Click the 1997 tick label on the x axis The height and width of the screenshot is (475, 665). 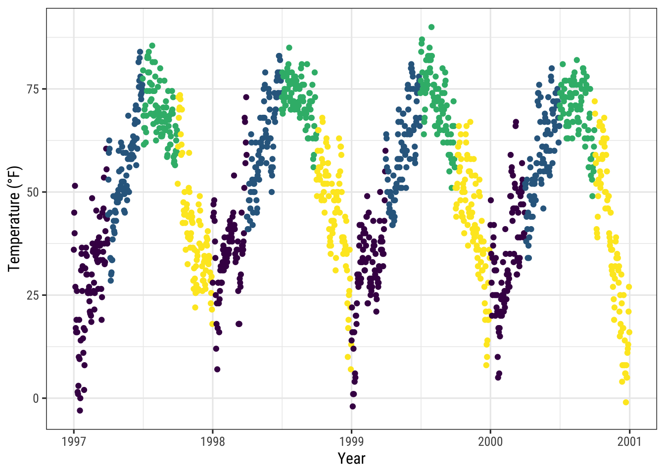pyautogui.click(x=74, y=441)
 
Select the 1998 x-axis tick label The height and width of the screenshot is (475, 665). pyautogui.click(x=213, y=441)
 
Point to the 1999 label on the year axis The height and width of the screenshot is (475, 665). pyautogui.click(x=352, y=441)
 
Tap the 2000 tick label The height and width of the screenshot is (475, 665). pyautogui.click(x=490, y=441)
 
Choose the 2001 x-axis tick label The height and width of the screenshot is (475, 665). pyautogui.click(x=629, y=441)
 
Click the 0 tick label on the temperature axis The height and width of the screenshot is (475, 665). pyautogui.click(x=36, y=398)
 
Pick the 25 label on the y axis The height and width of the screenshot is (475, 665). pyautogui.click(x=33, y=295)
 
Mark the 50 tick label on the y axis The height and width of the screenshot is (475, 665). pyautogui.click(x=33, y=192)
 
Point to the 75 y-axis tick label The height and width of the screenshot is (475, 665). pyautogui.click(x=33, y=89)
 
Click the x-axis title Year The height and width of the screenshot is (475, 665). pyautogui.click(x=351, y=459)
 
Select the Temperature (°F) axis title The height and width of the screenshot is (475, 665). pyautogui.click(x=15, y=219)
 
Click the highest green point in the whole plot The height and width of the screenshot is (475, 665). pyautogui.click(x=431, y=27)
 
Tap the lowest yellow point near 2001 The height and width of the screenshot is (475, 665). pyautogui.click(x=626, y=402)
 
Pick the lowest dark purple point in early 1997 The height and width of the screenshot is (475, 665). pyautogui.click(x=80, y=411)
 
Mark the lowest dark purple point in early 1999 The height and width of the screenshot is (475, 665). pyautogui.click(x=353, y=407)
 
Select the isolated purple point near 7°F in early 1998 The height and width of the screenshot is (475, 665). pyautogui.click(x=217, y=369)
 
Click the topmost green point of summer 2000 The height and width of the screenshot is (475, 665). pyautogui.click(x=577, y=60)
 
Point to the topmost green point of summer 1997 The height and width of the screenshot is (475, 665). pyautogui.click(x=152, y=46)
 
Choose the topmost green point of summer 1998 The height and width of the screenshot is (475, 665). pyautogui.click(x=289, y=47)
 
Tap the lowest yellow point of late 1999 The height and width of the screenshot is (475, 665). pyautogui.click(x=486, y=365)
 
